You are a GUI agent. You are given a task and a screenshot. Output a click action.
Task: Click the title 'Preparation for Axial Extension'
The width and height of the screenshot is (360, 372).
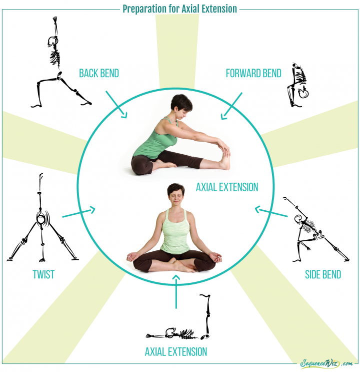coord(180,9)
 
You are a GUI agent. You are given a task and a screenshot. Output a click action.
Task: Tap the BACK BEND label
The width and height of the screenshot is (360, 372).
coord(99,74)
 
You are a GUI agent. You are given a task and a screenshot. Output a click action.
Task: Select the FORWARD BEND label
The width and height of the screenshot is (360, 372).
coord(253,74)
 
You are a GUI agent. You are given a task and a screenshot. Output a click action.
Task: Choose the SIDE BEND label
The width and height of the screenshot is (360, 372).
coord(323,274)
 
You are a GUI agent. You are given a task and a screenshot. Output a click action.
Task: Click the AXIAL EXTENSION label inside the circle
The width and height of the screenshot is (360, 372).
coord(227,187)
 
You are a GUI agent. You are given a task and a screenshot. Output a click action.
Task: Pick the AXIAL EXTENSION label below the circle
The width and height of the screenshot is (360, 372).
coord(175,351)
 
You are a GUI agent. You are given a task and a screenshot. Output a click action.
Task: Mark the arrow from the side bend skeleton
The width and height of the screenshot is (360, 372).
coord(271,212)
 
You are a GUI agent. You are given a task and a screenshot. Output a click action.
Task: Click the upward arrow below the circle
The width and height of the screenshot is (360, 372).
coord(175,291)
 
